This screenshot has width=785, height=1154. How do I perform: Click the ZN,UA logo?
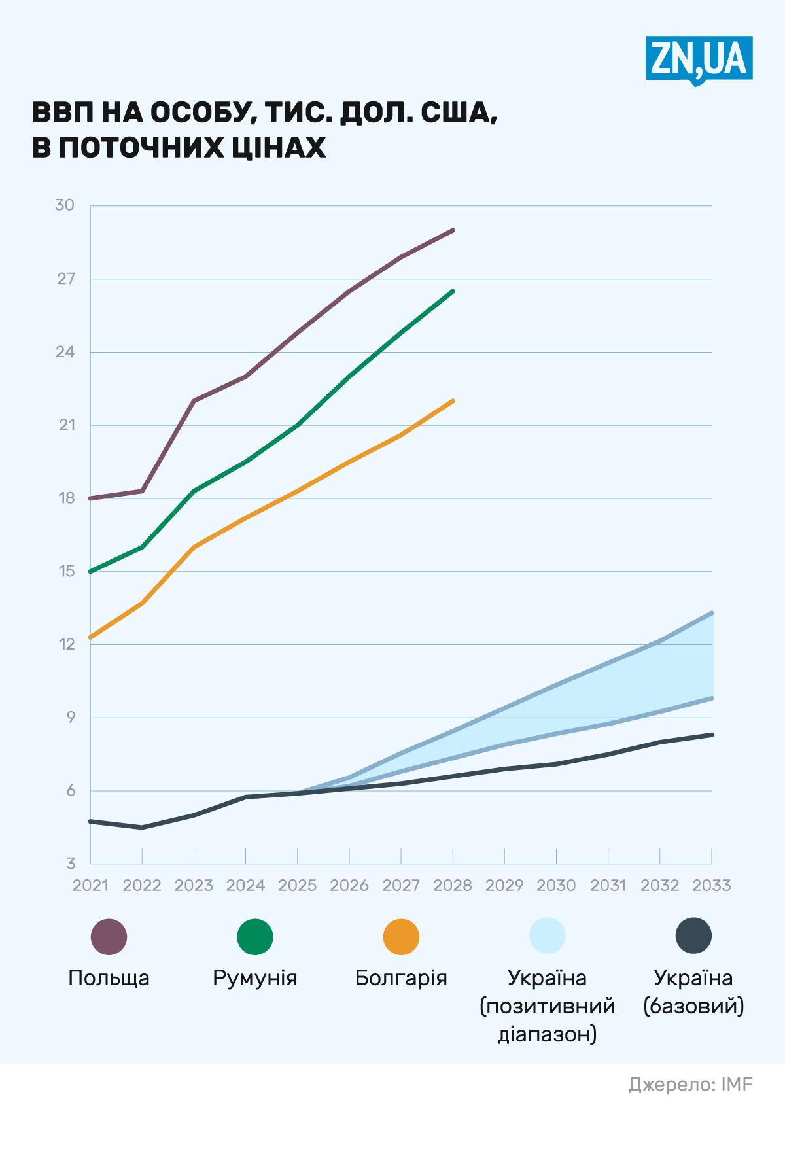(x=699, y=59)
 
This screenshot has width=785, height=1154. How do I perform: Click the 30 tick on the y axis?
(x=65, y=205)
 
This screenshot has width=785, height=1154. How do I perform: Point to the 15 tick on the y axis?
(x=67, y=571)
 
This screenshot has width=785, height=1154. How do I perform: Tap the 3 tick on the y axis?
(x=71, y=864)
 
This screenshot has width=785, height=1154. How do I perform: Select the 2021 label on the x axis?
(x=90, y=886)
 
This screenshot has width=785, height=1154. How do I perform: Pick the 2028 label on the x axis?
(x=453, y=886)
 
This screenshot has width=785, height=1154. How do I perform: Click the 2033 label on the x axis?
(x=712, y=886)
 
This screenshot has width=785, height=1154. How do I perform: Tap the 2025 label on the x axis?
(x=298, y=886)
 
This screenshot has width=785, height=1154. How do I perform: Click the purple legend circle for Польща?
(x=109, y=937)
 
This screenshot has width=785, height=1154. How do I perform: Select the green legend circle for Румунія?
(x=255, y=937)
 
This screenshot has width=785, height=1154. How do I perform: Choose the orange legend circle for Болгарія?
(x=401, y=937)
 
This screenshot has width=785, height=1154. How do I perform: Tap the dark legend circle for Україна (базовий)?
(x=693, y=936)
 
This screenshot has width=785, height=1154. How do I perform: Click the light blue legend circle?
(x=548, y=936)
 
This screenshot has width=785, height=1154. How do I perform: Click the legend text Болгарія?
(x=401, y=979)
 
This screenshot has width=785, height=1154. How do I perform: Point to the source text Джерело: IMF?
(x=690, y=1085)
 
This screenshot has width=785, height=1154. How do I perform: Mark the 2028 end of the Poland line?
(x=453, y=230)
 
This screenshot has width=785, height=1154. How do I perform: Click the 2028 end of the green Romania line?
(x=453, y=291)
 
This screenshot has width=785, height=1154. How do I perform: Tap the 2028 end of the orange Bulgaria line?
(x=453, y=401)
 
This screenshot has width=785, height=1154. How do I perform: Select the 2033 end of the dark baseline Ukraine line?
(x=712, y=735)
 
